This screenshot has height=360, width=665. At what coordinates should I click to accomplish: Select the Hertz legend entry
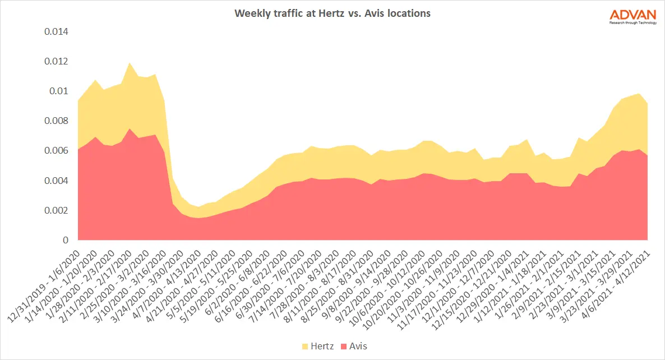coord(318,346)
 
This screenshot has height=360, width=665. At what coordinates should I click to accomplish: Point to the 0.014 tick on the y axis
coord(56,31)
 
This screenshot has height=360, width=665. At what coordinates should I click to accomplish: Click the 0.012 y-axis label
coord(56,61)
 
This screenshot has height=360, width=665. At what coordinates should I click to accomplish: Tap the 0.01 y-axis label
coord(58,91)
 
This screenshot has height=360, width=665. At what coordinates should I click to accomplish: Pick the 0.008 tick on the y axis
coord(56,121)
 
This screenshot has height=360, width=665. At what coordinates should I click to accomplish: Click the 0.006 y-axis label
coord(56,151)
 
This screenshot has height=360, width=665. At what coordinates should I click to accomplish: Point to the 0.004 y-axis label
coord(56,181)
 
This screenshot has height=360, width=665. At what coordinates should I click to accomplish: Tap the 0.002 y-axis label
coord(56,210)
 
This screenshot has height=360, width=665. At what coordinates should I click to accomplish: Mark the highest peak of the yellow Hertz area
coord(130,64)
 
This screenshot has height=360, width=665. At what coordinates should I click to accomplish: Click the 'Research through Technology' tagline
coord(632,22)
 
